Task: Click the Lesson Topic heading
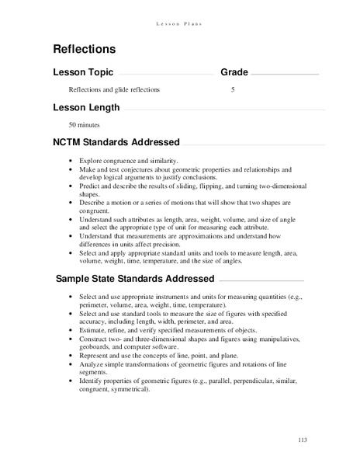point(82,72)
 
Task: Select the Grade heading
point(234,72)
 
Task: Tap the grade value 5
point(233,90)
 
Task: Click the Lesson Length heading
point(86,106)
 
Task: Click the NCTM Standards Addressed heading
point(116,142)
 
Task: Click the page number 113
point(303,441)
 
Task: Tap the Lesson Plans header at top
point(180,9)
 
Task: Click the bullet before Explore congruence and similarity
point(70,160)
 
